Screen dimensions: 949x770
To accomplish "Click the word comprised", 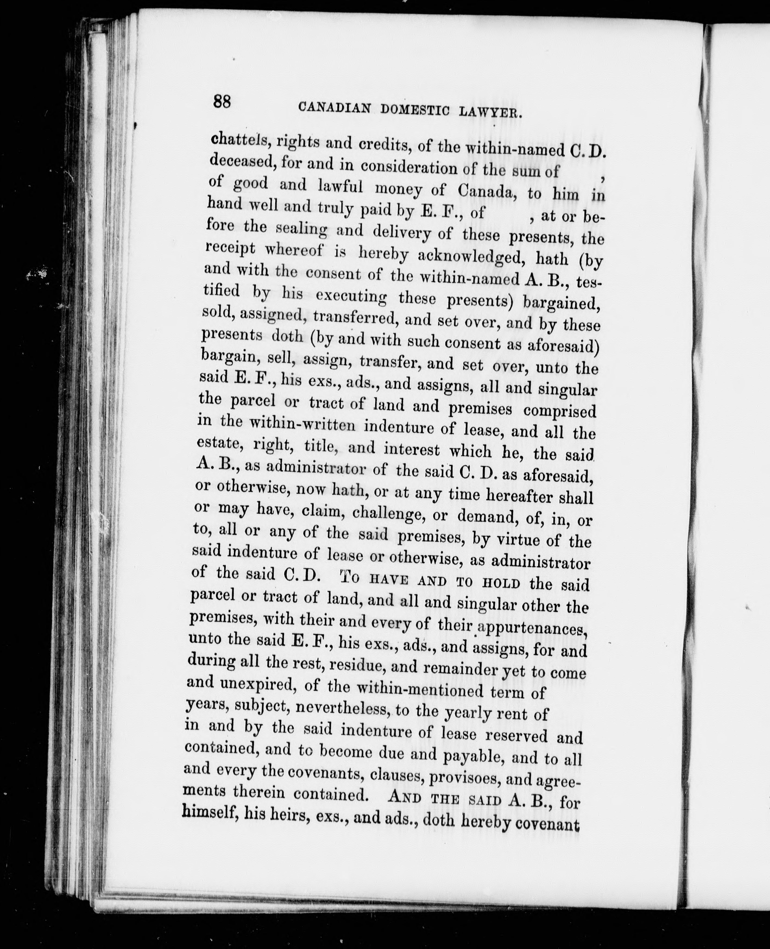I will point(560,410).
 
